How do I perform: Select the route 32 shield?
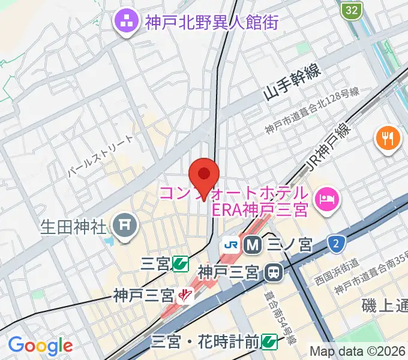coord(353,10)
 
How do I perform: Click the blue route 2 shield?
coord(337,244)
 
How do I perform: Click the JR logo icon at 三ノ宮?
coord(230,244)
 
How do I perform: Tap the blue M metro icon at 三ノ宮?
coord(251,244)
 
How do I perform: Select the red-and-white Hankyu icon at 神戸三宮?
coord(187,295)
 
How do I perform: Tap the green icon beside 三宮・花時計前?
coord(269,341)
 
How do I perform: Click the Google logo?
coord(40,346)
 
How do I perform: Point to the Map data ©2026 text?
coord(358,351)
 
